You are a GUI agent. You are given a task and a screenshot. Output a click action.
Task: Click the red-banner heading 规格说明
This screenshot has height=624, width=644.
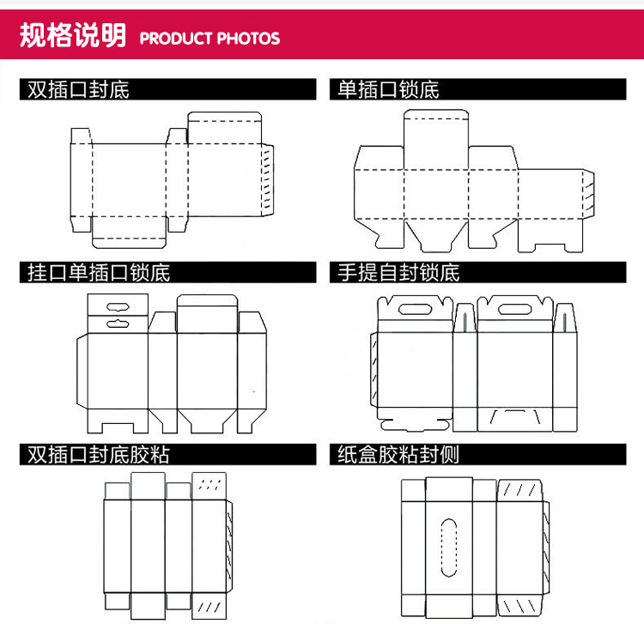72,36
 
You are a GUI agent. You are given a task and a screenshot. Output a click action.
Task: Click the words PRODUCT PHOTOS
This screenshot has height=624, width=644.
210,39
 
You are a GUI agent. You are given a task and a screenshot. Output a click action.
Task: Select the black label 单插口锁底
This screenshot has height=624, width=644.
388,89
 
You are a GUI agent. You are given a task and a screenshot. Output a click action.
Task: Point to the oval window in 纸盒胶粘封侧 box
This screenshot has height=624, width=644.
447,544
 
